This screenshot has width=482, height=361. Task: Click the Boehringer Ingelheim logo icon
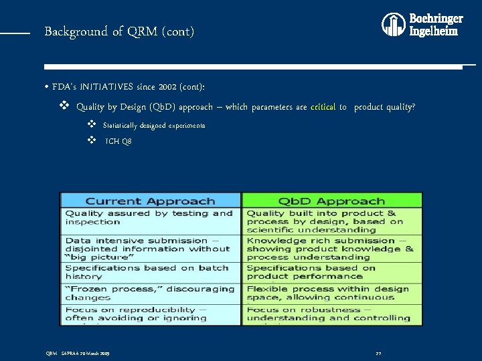[394, 24]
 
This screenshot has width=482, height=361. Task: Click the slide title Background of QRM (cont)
[119, 31]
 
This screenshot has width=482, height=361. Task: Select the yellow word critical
[323, 107]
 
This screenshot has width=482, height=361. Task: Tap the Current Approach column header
[150, 201]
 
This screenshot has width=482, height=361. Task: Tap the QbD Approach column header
[332, 201]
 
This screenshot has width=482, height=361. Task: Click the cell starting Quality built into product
[332, 221]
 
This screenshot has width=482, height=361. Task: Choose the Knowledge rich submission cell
[332, 249]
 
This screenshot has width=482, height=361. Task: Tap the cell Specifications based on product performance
[332, 272]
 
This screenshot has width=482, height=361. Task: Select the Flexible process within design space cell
[332, 293]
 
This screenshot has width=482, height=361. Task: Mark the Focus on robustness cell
[332, 314]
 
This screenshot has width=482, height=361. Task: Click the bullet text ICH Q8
[118, 142]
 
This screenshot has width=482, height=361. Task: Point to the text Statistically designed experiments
[154, 126]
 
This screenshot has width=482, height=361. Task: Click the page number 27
[378, 353]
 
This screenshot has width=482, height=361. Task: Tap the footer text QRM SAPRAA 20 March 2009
[77, 353]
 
